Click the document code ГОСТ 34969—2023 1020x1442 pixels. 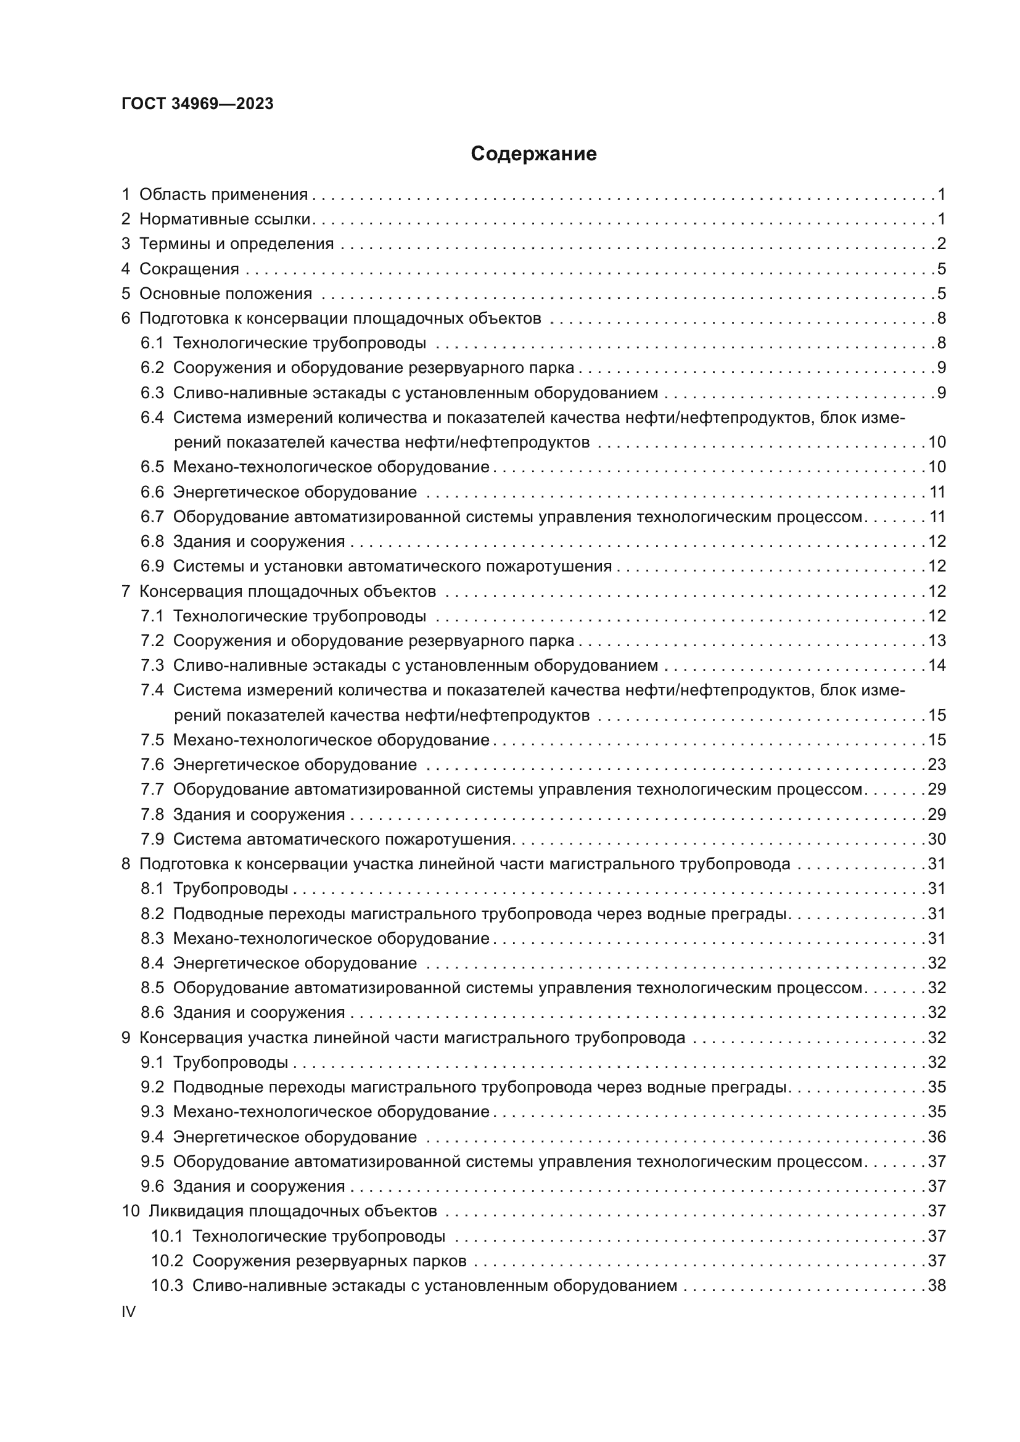[197, 104]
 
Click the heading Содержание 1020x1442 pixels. [533, 154]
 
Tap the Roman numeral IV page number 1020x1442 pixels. [128, 1311]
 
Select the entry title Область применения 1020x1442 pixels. [223, 195]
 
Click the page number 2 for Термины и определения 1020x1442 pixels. [941, 244]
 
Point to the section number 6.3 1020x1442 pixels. [152, 393]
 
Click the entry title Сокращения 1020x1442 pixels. [189, 269]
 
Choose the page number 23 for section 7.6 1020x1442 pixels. [937, 764]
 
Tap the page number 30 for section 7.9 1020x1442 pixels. [937, 839]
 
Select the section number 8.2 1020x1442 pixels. [152, 914]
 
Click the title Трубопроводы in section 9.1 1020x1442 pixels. [231, 1062]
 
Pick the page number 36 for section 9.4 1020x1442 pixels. [937, 1137]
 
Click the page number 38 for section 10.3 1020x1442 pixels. [937, 1285]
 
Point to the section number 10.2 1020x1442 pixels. [167, 1261]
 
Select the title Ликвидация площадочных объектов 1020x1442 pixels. [293, 1211]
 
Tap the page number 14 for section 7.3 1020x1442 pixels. [937, 665]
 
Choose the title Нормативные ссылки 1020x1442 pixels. [225, 219]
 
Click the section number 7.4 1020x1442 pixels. [152, 690]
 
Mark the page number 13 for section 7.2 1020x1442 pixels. [937, 641]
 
